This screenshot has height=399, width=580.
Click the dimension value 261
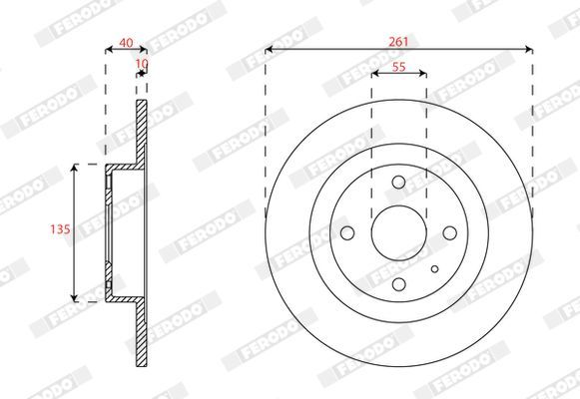(398, 42)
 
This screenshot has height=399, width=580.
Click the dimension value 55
(398, 67)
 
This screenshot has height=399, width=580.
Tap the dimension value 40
(126, 43)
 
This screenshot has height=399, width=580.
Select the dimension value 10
(142, 64)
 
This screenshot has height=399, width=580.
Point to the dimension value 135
(60, 229)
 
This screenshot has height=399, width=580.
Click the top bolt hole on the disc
(398, 182)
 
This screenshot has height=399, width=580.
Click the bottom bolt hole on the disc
(398, 284)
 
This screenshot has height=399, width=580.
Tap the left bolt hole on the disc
(347, 233)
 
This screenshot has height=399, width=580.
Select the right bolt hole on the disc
(450, 233)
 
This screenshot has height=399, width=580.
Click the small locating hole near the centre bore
(434, 269)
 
